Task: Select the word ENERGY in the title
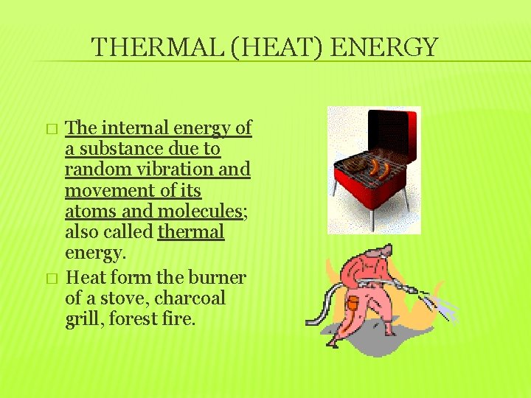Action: point(384,48)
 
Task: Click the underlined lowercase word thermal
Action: point(191,232)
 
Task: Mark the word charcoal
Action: point(190,299)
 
